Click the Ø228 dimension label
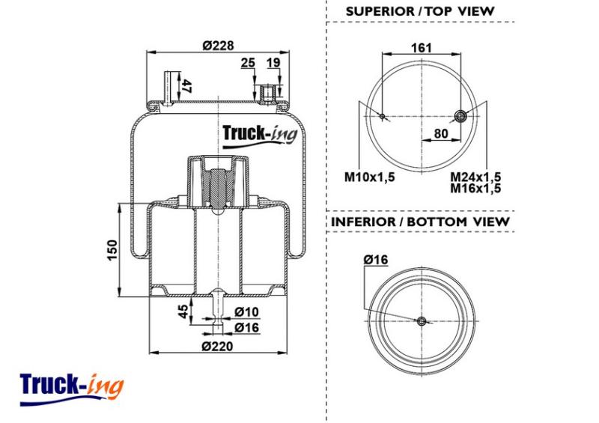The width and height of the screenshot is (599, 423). point(218,46)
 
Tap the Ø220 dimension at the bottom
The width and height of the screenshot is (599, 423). point(217,346)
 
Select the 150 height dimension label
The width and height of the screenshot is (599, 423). point(112,250)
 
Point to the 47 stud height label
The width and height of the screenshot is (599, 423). point(186,86)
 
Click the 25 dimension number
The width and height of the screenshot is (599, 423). point(248,62)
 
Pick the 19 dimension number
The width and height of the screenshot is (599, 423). point(273,62)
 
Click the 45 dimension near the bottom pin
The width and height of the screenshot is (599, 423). point(183,311)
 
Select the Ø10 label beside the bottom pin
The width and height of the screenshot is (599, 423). point(246,311)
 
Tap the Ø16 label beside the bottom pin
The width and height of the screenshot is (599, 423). point(246,327)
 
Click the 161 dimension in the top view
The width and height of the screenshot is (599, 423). point(422,48)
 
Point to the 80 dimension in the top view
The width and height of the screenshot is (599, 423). point(441,133)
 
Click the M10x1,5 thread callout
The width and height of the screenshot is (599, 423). point(369,177)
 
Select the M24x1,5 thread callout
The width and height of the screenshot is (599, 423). point(475,177)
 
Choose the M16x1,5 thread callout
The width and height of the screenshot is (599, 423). point(475,188)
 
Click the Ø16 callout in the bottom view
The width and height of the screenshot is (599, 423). point(376,260)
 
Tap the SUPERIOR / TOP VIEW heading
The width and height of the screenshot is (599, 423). point(420,11)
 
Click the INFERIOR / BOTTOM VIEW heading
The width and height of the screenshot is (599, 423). point(420,222)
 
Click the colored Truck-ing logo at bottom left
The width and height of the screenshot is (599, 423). point(72,389)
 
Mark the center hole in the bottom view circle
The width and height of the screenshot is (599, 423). point(422,321)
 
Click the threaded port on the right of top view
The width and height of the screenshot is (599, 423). point(460,116)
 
